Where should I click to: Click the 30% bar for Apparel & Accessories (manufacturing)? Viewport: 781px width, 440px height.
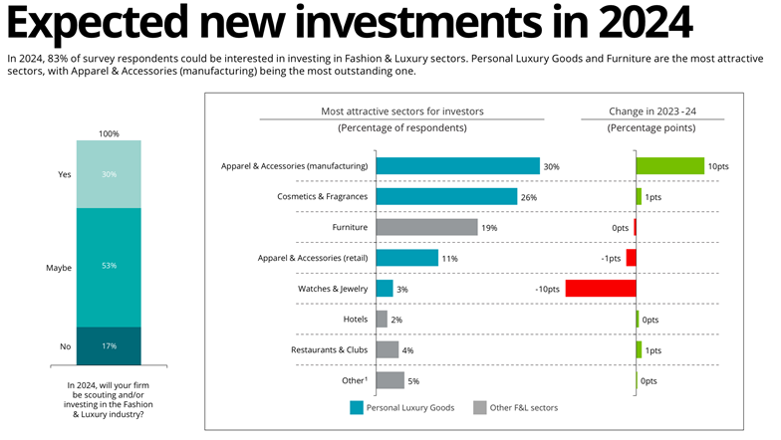[458, 165]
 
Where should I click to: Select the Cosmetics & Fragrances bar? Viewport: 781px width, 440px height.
[446, 197]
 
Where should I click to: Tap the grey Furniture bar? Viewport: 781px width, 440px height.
[426, 227]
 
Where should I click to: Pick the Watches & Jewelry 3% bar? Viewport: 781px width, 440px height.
[385, 289]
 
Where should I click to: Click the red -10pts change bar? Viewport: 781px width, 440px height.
[601, 289]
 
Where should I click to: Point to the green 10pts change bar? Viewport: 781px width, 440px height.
[670, 165]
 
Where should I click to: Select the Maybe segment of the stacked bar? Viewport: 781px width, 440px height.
[109, 267]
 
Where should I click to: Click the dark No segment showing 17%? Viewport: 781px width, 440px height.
[109, 346]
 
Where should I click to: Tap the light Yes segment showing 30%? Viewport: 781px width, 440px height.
[109, 174]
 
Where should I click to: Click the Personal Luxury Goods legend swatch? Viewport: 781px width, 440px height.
[357, 408]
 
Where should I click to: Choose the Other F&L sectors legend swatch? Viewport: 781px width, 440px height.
[480, 408]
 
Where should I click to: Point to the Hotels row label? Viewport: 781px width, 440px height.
[355, 319]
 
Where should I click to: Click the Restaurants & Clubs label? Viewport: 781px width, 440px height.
[329, 350]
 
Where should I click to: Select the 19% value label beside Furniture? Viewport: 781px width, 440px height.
[489, 228]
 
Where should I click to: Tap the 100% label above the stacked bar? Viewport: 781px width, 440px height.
[109, 133]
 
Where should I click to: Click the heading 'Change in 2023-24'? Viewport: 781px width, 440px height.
[651, 111]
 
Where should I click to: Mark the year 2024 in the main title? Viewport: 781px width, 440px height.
[646, 22]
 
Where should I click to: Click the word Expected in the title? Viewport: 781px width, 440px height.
[97, 24]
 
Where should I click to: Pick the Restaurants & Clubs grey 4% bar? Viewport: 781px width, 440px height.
[387, 349]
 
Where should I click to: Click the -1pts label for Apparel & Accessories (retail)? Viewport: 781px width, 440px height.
[611, 259]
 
